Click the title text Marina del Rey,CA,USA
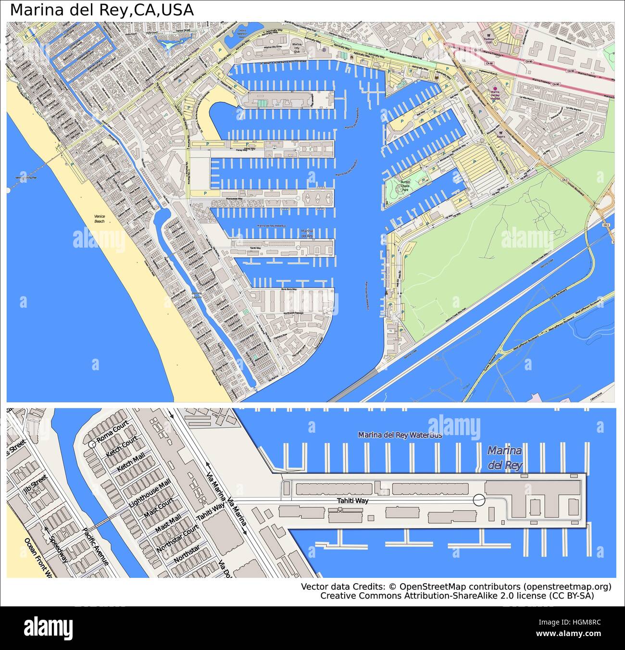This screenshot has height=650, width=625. (x=102, y=10)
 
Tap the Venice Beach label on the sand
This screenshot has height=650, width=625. (x=100, y=219)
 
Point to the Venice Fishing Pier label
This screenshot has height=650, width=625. (x=26, y=178)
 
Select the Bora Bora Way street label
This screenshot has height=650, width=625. (x=289, y=289)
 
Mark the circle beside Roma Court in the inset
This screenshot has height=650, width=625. (x=91, y=445)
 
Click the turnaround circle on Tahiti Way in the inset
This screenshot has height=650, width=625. (x=479, y=500)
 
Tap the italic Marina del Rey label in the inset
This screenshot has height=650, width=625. (x=504, y=458)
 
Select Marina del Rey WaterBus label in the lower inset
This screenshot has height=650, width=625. (x=400, y=435)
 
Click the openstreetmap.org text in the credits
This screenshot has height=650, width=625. (x=567, y=587)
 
